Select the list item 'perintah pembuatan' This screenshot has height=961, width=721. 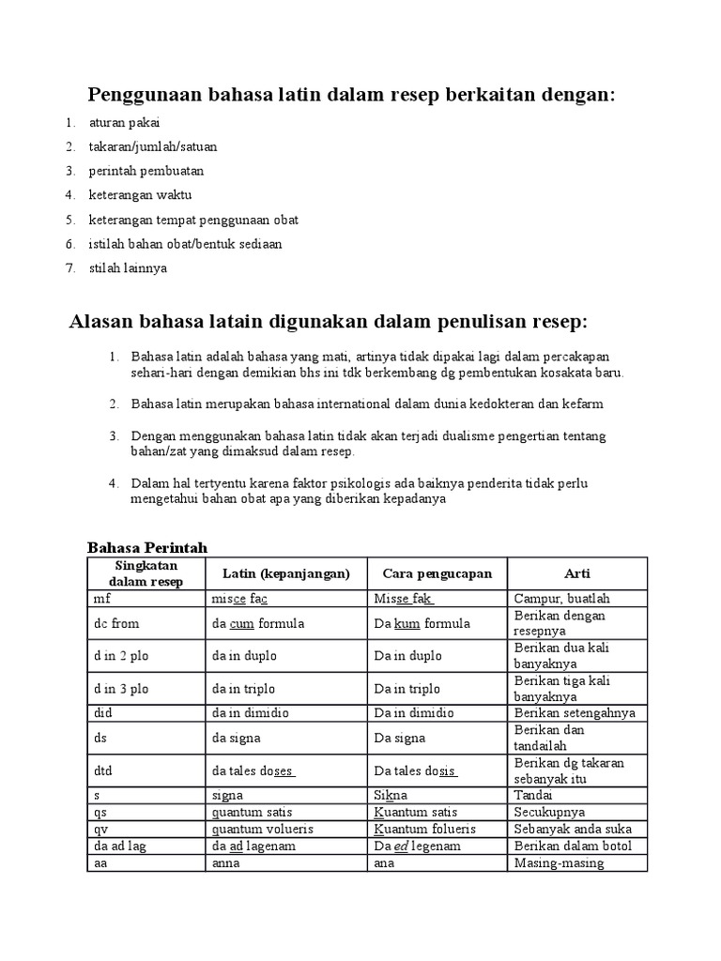pos(146,171)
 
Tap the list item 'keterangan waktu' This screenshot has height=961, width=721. pos(140,195)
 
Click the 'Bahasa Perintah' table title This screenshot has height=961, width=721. pos(147,547)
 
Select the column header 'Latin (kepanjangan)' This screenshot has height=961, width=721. pos(285,573)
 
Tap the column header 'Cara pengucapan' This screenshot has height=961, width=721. pos(437,573)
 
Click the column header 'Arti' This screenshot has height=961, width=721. pos(576,573)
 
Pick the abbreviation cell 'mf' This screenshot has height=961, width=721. pos(101,599)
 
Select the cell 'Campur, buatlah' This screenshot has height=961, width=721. pos(561,599)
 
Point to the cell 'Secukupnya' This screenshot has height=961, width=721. pos(549,812)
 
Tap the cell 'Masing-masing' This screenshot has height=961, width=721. pos(559,863)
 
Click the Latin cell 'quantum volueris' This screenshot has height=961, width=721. pos(263,829)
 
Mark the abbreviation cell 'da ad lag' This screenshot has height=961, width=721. pos(119,847)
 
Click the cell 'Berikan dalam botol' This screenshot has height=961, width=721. pos(573,847)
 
